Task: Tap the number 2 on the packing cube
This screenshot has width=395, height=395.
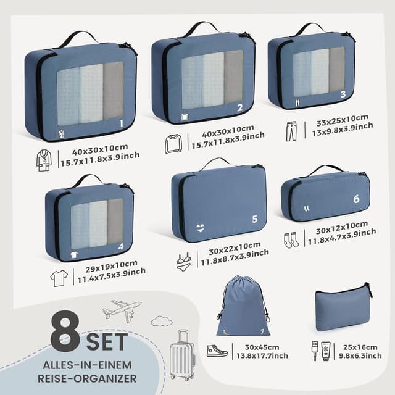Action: click(239, 107)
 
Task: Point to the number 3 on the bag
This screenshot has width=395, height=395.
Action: click(343, 94)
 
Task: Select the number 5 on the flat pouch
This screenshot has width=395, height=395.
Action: click(254, 218)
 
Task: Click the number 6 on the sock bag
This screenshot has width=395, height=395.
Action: click(356, 199)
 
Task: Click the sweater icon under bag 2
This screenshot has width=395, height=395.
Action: click(175, 144)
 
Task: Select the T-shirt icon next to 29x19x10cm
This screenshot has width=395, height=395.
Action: click(59, 278)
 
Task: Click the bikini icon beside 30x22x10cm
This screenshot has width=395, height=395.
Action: click(184, 262)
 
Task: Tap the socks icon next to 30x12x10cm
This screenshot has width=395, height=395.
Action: click(291, 240)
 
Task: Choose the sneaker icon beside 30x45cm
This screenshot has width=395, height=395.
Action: click(217, 351)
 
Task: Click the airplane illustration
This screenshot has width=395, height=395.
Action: click(122, 310)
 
